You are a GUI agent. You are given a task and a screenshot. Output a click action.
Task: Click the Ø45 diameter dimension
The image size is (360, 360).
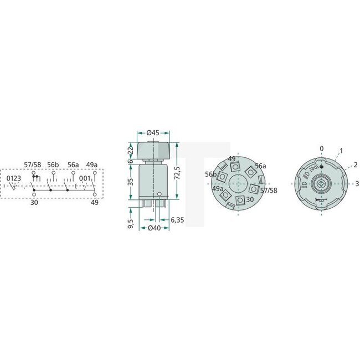(x=153, y=132)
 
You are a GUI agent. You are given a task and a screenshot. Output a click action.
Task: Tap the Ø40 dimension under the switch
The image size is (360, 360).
(x=153, y=228)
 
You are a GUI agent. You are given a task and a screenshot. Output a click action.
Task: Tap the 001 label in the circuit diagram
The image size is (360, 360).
(x=85, y=178)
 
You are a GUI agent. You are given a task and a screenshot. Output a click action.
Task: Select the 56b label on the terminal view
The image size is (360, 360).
(x=210, y=174)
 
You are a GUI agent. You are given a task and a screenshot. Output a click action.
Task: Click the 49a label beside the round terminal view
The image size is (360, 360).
(x=217, y=188)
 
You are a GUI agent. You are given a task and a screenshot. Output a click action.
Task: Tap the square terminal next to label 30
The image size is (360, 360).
(x=240, y=200)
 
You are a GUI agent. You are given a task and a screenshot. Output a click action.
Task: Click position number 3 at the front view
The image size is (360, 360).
(x=357, y=183)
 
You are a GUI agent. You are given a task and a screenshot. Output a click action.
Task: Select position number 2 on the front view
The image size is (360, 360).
(x=355, y=165)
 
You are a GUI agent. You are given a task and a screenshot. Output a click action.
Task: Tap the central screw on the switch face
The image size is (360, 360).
(x=321, y=183)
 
